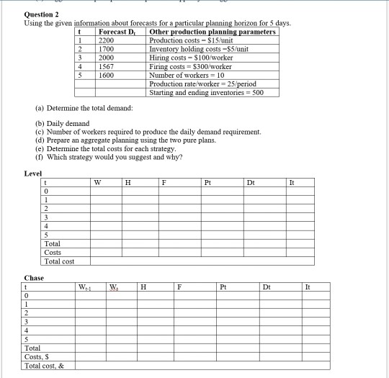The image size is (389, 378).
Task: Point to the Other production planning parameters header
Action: pos(212,32)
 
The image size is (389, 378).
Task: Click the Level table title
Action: pos(33,174)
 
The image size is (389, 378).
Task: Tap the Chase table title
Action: pos(34,278)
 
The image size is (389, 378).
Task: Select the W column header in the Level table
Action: pos(97,183)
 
